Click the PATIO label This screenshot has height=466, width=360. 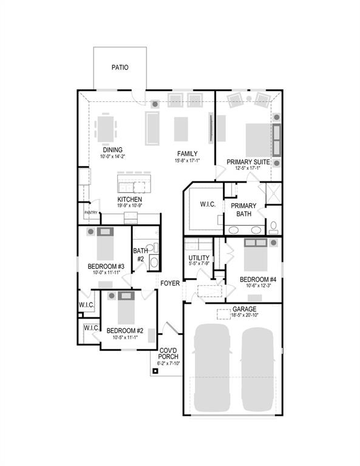tap(120, 67)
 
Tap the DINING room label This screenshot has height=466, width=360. tap(112, 150)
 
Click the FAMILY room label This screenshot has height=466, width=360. tap(187, 153)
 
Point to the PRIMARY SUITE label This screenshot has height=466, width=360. tap(248, 162)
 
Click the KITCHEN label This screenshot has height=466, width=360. tap(130, 199)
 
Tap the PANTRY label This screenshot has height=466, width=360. tap(90, 212)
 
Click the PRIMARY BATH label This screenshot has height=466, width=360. tap(243, 209)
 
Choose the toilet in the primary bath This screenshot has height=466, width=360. tap(273, 228)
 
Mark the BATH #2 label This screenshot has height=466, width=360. tap(140, 255)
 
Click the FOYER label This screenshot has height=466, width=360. tap(170, 283)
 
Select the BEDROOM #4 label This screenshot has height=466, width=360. tap(258, 280)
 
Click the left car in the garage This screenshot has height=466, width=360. tap(214, 366)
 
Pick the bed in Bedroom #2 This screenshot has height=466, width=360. tap(126, 308)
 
